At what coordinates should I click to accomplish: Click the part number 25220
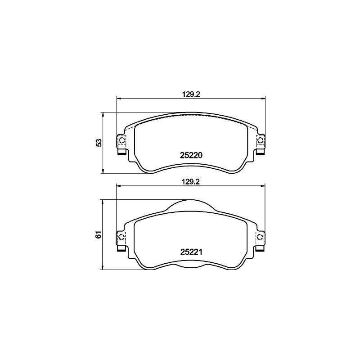click(x=191, y=155)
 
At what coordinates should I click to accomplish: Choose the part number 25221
click(x=191, y=252)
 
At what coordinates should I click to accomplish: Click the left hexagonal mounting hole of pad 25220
click(x=121, y=141)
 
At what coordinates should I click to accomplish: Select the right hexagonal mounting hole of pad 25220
click(x=260, y=141)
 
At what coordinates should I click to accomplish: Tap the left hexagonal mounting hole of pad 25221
click(x=121, y=238)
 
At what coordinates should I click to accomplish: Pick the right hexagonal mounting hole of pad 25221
click(x=260, y=238)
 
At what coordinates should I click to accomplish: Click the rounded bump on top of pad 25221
click(x=191, y=205)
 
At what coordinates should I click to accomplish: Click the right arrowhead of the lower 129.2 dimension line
click(x=263, y=185)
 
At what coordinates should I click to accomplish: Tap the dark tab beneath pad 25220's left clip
click(x=121, y=151)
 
